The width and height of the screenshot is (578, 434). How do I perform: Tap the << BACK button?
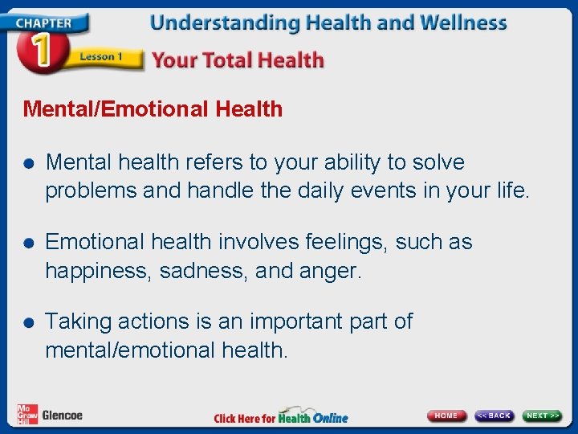pos(494,416)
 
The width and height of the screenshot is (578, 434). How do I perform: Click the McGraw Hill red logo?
pos(26,414)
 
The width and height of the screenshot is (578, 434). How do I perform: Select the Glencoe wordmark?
pos(62,416)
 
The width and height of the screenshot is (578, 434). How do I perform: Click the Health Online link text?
pos(313,417)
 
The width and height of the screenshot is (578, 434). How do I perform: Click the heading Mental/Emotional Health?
pos(153,109)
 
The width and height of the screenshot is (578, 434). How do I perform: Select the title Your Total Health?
pos(238,60)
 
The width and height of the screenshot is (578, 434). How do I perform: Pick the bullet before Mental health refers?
pos(29,163)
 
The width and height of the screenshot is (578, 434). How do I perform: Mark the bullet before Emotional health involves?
pos(29,243)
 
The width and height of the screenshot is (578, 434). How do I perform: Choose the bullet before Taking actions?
pos(29,322)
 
